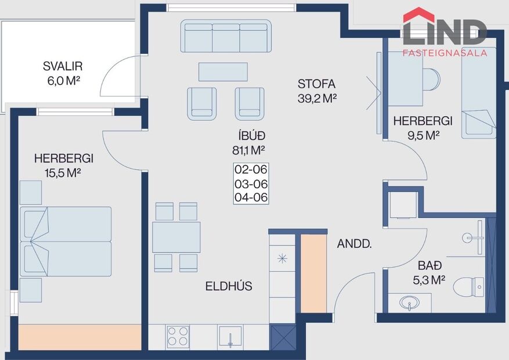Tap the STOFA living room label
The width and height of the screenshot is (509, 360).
coord(316,84)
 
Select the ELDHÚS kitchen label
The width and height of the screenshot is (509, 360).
coord(229,286)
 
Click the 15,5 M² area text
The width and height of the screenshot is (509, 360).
coord(63,172)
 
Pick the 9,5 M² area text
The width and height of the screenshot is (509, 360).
coord(423,135)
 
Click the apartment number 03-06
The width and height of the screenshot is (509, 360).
coord(251,183)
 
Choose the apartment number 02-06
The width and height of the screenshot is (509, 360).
coord(251,170)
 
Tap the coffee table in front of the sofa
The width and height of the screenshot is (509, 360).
coord(223,71)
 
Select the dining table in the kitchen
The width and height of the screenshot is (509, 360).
coord(176,237)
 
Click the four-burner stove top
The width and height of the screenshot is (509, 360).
coord(178,336)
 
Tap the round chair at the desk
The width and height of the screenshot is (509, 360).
coord(431,79)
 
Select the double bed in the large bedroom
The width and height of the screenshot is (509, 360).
coord(65,241)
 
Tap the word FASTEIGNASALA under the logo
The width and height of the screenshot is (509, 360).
coord(445,53)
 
